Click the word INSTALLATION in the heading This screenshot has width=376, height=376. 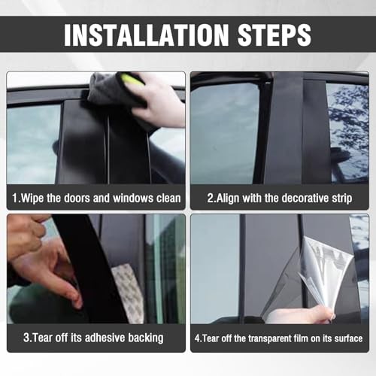[146, 35]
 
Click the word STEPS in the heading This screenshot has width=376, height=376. [274, 35]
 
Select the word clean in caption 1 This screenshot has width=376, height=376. [168, 198]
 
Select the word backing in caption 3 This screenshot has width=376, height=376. [146, 338]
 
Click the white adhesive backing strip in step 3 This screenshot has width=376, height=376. [129, 293]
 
